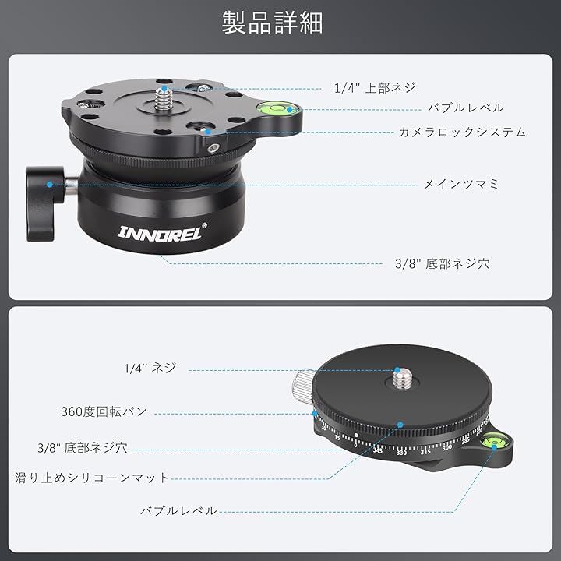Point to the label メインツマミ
point(460,185)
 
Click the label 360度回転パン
point(104,411)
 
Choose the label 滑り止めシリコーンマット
point(92,477)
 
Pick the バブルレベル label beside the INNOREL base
point(465,108)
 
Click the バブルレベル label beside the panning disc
point(178,511)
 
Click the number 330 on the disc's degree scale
point(401,451)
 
